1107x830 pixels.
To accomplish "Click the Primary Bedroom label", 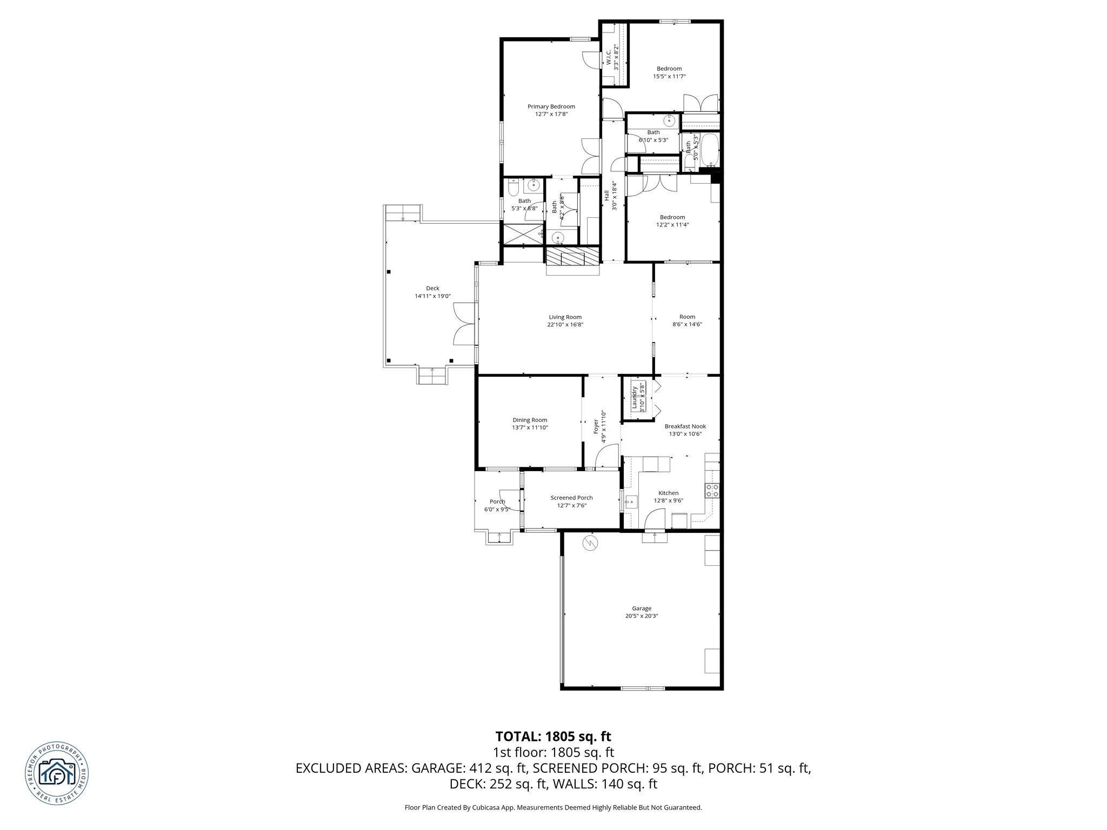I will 551,106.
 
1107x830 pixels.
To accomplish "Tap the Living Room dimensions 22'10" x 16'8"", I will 565,325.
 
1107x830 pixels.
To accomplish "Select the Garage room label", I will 642,608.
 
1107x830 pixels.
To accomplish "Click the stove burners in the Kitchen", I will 712,491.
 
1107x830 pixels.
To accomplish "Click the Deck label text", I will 432,288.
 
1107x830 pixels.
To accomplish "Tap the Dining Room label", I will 530,420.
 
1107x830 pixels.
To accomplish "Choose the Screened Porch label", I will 571,498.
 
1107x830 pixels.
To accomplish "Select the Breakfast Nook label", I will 685,426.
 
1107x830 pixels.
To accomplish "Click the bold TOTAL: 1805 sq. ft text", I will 553,736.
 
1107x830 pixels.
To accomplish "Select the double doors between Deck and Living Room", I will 464,324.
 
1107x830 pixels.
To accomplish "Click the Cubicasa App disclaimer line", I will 553,807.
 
